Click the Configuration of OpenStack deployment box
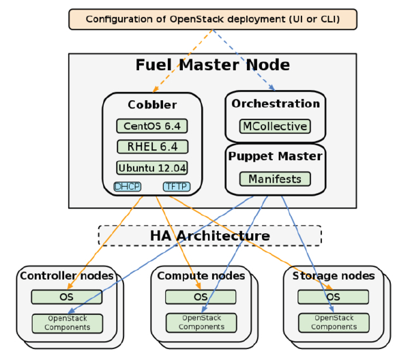click(213, 19)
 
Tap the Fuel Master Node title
click(213, 65)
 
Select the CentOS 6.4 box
click(151, 126)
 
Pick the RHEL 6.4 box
click(151, 147)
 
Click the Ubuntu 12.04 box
click(151, 168)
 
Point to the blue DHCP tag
click(128, 186)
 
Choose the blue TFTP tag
click(176, 186)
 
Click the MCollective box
click(275, 126)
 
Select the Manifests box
click(275, 179)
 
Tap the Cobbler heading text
click(152, 105)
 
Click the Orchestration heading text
click(276, 104)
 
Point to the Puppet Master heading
click(276, 156)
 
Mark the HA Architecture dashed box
click(210, 236)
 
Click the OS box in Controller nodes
click(67, 297)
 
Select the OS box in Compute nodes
click(201, 297)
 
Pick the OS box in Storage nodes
click(334, 297)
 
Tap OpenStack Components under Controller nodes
click(67, 322)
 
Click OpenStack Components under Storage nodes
click(334, 322)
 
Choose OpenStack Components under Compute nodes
click(201, 322)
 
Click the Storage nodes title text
click(334, 276)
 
